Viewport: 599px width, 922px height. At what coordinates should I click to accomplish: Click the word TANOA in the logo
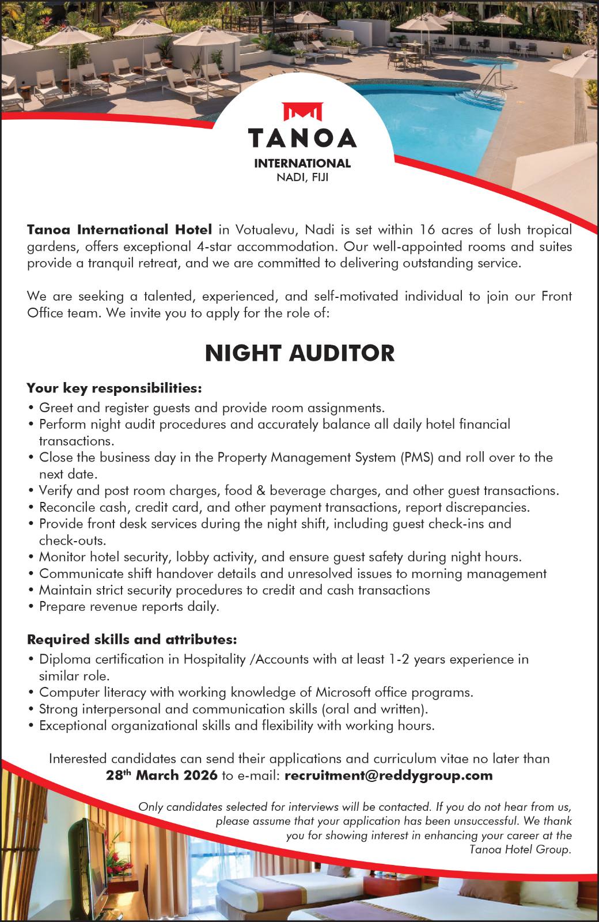(x=302, y=138)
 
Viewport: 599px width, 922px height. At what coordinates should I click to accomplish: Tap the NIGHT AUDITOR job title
(x=299, y=353)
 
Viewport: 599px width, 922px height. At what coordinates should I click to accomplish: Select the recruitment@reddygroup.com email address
(x=389, y=775)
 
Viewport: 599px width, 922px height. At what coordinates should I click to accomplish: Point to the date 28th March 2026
(x=162, y=775)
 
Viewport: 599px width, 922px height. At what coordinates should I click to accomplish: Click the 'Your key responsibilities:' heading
(x=115, y=388)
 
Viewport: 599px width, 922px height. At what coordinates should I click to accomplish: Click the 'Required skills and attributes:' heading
(x=132, y=640)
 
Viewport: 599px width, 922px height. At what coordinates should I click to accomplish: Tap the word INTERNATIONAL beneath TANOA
(x=302, y=164)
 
